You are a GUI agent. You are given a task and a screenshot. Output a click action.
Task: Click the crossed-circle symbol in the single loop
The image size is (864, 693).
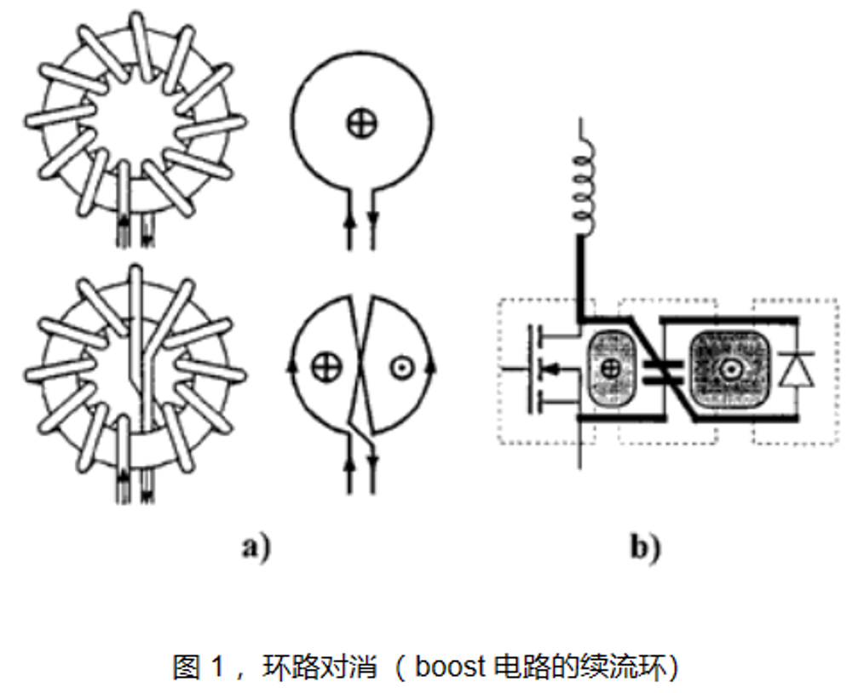click(362, 123)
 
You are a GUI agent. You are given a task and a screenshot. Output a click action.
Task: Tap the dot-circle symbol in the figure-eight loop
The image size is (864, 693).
click(399, 368)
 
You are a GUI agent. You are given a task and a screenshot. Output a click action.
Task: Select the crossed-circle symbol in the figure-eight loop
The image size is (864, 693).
click(324, 368)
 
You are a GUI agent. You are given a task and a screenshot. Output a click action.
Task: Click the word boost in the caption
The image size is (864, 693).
click(451, 665)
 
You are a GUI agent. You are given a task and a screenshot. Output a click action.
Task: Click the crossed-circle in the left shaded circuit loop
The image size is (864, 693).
click(609, 369)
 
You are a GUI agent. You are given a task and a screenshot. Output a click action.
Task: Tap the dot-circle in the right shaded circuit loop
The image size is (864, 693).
click(729, 368)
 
